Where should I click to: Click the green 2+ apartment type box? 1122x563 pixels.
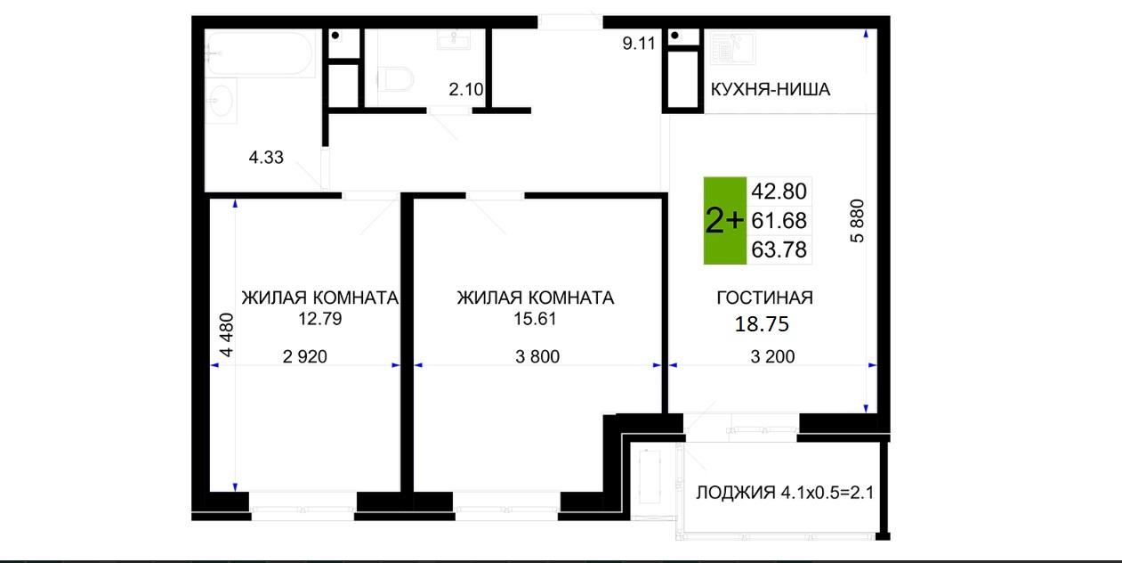[x=725, y=221]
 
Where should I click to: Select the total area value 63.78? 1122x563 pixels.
[x=779, y=249]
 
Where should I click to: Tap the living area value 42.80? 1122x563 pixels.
[x=779, y=192]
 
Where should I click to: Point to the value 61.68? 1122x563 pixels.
[x=779, y=221]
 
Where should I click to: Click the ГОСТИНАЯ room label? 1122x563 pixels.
[x=765, y=298]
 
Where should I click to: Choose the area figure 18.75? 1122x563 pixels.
[x=762, y=324]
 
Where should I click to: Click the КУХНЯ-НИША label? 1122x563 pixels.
[x=771, y=89]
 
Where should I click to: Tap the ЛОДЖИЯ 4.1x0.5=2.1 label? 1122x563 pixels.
[x=785, y=493]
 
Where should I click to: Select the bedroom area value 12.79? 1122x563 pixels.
[x=320, y=319]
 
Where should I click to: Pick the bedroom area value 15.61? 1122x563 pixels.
[x=535, y=319]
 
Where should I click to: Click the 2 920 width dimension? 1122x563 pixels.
[x=304, y=356]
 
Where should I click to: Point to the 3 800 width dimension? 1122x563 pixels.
[x=537, y=356]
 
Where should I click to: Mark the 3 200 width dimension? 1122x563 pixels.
[x=772, y=356]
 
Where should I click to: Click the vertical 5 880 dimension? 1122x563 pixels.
[x=858, y=221]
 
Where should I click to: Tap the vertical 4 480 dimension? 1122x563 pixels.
[x=227, y=335]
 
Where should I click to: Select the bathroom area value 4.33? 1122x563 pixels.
[x=266, y=158]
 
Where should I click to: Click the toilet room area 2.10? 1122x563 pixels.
[x=466, y=89]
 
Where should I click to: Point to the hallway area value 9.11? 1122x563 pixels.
[x=639, y=44]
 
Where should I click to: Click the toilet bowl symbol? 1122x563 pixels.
[x=395, y=79]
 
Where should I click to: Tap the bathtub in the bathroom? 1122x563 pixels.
[x=260, y=53]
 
